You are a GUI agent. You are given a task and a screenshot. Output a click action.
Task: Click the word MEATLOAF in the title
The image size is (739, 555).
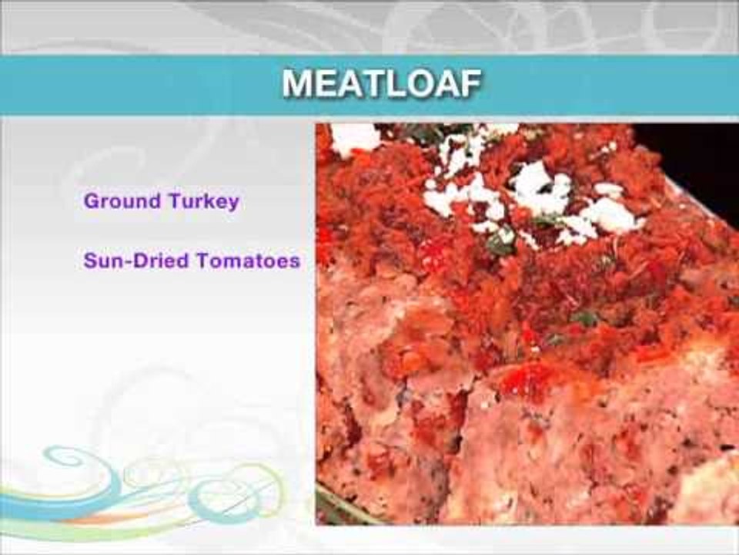pos(382,84)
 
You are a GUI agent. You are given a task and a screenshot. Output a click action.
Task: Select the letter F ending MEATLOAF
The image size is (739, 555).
pos(470,84)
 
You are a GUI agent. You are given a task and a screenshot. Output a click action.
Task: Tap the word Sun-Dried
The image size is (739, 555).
pos(135,261)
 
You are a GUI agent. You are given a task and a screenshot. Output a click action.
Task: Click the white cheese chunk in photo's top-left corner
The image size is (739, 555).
pos(354,137)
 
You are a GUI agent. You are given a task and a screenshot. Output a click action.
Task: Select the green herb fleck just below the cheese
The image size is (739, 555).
pos(500,247)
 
